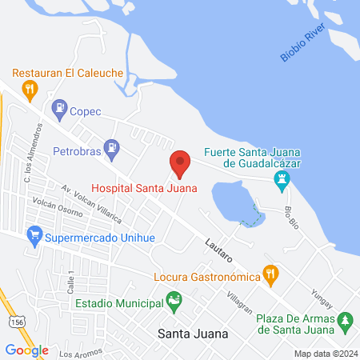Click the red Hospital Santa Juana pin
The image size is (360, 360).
coord(180,163)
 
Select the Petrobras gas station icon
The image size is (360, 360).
coord(113,146)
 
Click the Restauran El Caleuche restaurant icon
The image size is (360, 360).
coord(30,89)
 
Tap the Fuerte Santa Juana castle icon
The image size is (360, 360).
coord(282,182)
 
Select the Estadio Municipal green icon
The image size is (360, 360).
coord(174,302)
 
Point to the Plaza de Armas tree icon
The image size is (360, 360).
coord(346,322)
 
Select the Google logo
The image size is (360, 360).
coord(26,350)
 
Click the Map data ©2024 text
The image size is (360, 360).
coord(324,353)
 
